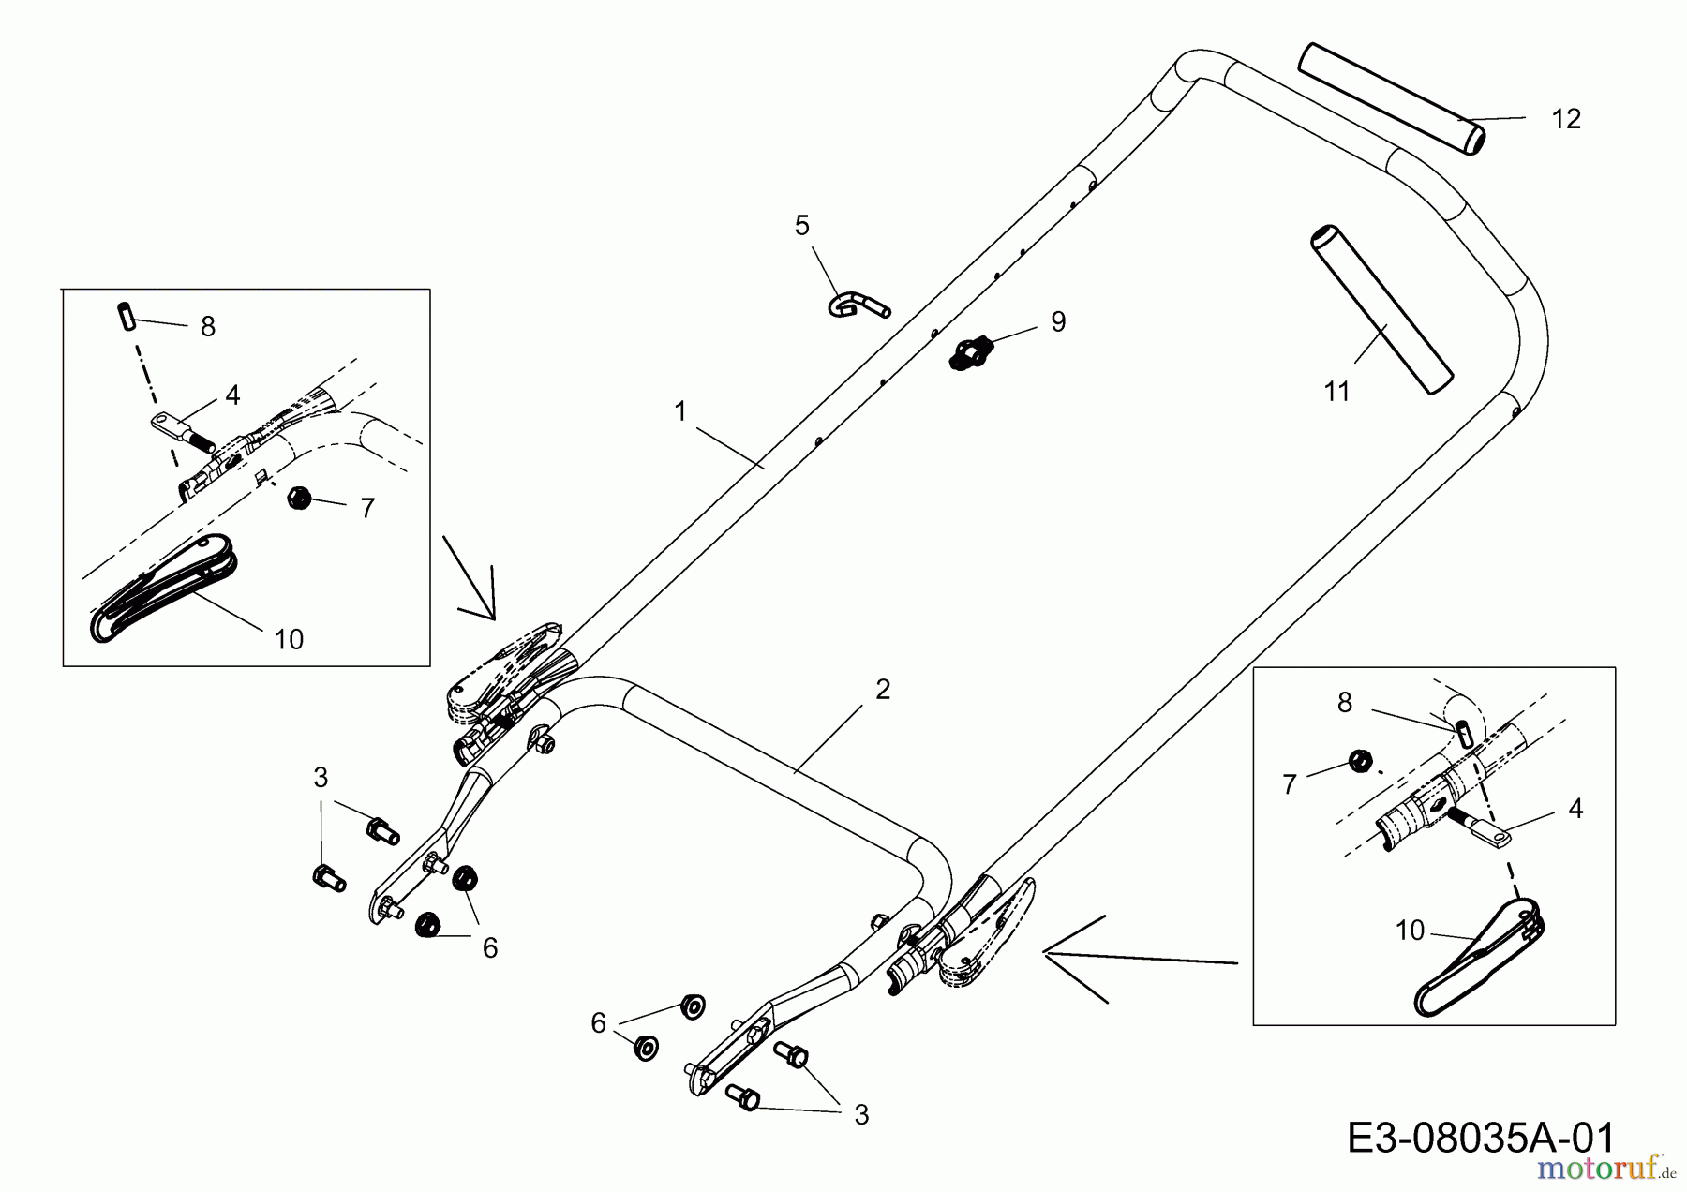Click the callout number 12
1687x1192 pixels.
pos(1566,119)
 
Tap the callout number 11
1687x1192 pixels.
pos(1336,392)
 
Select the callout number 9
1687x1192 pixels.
pos(1057,322)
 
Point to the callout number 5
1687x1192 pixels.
pos(801,226)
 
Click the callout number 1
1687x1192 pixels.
pos(680,411)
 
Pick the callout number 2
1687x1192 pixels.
pos(882,690)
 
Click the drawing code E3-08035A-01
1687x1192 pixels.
pos(1481,1139)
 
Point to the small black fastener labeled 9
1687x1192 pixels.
pos(969,354)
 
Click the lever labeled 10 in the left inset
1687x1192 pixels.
pos(164,587)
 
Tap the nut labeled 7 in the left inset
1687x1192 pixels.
pos(299,498)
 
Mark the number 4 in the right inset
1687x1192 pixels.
pos(1575,808)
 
